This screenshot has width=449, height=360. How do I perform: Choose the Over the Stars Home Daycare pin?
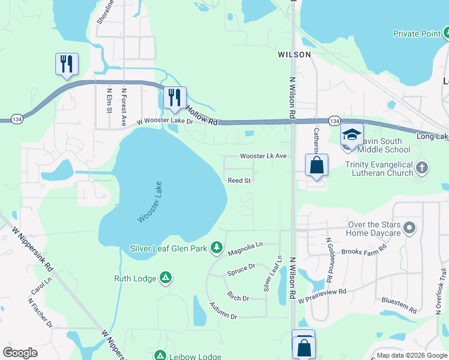click(x=409, y=227)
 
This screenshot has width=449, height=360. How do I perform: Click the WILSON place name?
click(x=295, y=55)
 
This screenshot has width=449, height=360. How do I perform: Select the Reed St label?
click(x=238, y=180)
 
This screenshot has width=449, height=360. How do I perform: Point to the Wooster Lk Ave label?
click(x=264, y=156)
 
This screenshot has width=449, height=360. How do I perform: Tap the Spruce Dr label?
click(x=241, y=269)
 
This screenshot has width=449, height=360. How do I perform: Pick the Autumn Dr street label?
click(x=223, y=311)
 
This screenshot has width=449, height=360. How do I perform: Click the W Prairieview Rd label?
click(x=323, y=292)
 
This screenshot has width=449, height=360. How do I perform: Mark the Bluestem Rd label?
click(x=399, y=305)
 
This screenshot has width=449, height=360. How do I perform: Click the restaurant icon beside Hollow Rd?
click(x=175, y=98)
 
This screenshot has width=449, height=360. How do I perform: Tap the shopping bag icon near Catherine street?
click(x=316, y=165)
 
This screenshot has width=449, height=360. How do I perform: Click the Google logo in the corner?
click(x=20, y=353)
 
